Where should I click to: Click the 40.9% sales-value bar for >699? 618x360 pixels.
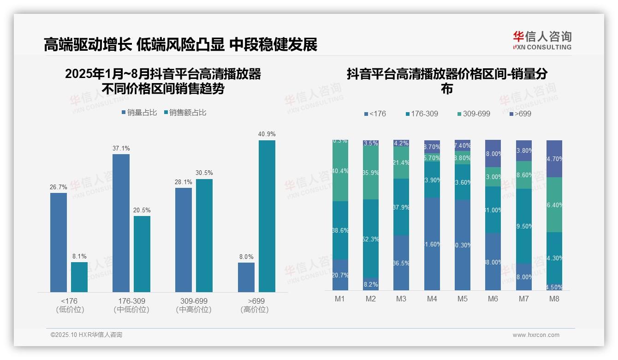point(267,216)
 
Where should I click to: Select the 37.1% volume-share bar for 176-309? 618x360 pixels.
point(121,223)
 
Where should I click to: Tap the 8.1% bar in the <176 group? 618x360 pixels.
point(79,277)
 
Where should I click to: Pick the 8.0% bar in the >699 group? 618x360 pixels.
point(246,277)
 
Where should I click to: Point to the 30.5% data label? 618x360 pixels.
point(204,173)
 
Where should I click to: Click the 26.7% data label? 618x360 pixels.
point(59,187)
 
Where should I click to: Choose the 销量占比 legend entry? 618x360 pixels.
point(139,113)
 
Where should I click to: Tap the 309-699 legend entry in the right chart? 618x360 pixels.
point(474,114)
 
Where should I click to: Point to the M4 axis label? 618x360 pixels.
point(432,299)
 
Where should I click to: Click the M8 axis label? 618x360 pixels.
point(554,299)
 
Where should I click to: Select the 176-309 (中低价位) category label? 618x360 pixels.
point(131,306)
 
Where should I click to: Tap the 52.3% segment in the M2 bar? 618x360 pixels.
point(371,239)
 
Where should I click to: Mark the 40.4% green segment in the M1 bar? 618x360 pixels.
point(340,171)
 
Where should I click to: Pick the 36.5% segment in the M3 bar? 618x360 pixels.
point(401,263)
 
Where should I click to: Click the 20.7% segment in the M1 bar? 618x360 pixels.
point(340,275)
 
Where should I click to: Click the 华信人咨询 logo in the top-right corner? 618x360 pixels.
point(542,40)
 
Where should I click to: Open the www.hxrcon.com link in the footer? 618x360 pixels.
point(536,335)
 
